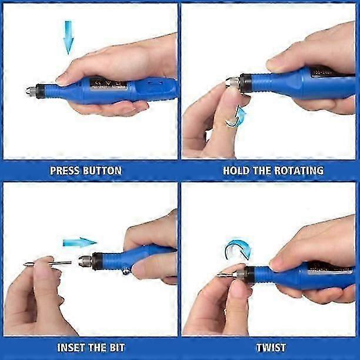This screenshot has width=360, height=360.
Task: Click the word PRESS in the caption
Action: (65, 171)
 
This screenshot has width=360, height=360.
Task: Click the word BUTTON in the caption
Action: (102, 171)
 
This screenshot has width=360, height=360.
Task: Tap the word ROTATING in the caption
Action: (299, 171)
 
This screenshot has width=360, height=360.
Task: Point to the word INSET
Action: (71, 348)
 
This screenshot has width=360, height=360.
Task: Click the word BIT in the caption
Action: (117, 348)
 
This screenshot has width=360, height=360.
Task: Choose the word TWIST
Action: (271, 348)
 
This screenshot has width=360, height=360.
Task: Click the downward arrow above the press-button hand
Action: (68, 38)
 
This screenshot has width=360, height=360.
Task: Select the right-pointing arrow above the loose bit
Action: (79, 242)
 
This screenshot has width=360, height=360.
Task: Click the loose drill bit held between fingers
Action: (48, 264)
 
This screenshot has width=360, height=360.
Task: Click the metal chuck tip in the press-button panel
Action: (31, 91)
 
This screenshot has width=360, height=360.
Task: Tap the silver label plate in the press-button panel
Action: (108, 84)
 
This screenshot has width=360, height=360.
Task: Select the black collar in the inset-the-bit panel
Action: (97, 261)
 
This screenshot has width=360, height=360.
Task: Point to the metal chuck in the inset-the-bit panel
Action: (85, 261)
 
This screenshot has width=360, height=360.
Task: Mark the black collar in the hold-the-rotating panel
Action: (245, 83)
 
